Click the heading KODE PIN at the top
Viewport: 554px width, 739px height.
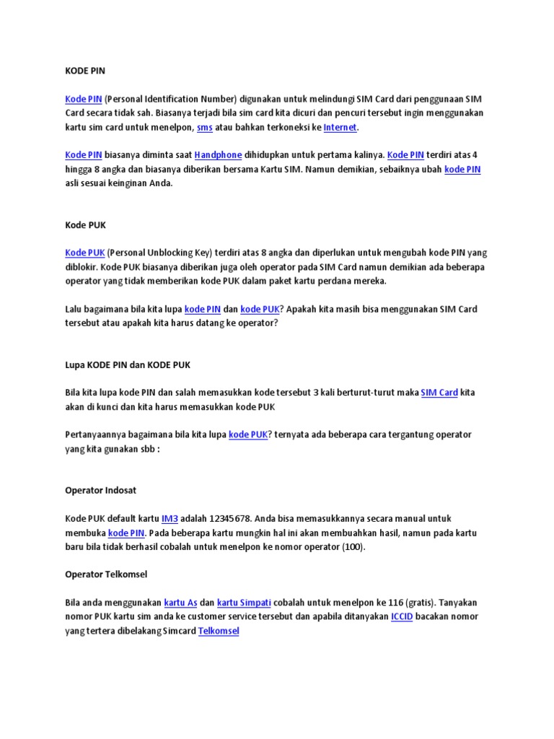pos(85,71)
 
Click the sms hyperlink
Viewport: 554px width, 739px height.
pos(204,127)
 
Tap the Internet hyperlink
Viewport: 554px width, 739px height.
pos(340,127)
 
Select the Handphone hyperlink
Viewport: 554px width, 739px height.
pos(218,155)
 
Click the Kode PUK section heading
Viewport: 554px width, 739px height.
pos(85,225)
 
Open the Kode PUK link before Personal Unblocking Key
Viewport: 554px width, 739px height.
pos(85,253)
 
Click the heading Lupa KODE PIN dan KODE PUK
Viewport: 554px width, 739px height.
pos(127,364)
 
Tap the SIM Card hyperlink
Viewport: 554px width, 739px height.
pos(439,393)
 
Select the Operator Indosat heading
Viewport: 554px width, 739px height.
pos(100,490)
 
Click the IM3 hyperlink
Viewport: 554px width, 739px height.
pos(170,518)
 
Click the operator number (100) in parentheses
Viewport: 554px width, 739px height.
pos(354,546)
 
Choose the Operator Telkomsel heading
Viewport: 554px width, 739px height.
pos(106,574)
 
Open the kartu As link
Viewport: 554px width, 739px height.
pos(180,603)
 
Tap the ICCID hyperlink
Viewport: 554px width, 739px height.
pos(402,616)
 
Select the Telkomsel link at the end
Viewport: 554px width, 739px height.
pos(218,631)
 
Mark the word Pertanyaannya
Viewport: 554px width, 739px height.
pos(98,434)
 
